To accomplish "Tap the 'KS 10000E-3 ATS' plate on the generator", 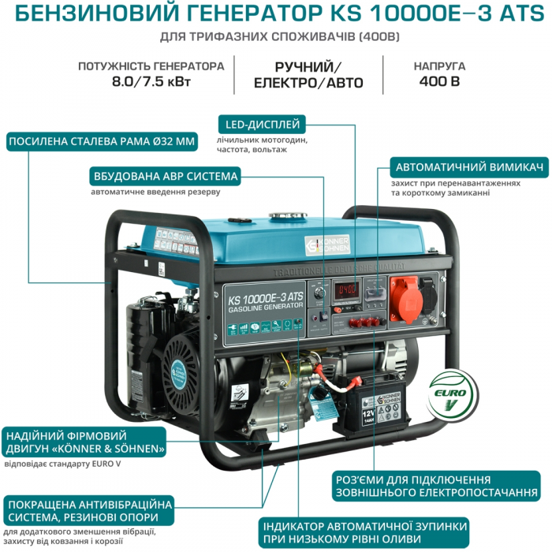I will [x=264, y=300].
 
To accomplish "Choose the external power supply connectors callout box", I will [x=414, y=486].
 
